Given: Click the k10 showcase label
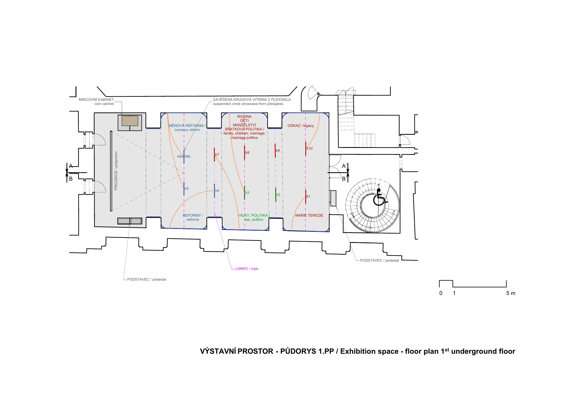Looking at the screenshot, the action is point(310,149).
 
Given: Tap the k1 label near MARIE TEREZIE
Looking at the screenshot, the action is point(308,196).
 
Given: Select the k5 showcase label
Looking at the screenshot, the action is point(187,189).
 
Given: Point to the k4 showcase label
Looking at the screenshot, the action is point(217,191).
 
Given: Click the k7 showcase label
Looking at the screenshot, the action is point(217,155).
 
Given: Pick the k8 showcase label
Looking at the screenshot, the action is point(247,153).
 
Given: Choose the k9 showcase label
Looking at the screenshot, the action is point(278,151).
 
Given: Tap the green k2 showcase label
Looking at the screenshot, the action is point(278,195).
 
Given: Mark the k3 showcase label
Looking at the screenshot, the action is point(247,193).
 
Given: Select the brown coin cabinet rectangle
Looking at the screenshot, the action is point(130,121).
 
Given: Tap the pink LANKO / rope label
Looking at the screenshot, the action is point(247,269).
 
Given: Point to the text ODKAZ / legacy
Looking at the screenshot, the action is point(301,126).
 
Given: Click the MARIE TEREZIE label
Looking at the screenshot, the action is point(309,215).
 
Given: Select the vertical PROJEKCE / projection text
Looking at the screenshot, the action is point(116,171).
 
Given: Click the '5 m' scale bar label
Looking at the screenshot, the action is point(511,293).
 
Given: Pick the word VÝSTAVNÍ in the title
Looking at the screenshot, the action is point(218,351).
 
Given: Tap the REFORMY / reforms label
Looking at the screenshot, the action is point(193,218).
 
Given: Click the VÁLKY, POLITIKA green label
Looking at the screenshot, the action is point(253,215).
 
